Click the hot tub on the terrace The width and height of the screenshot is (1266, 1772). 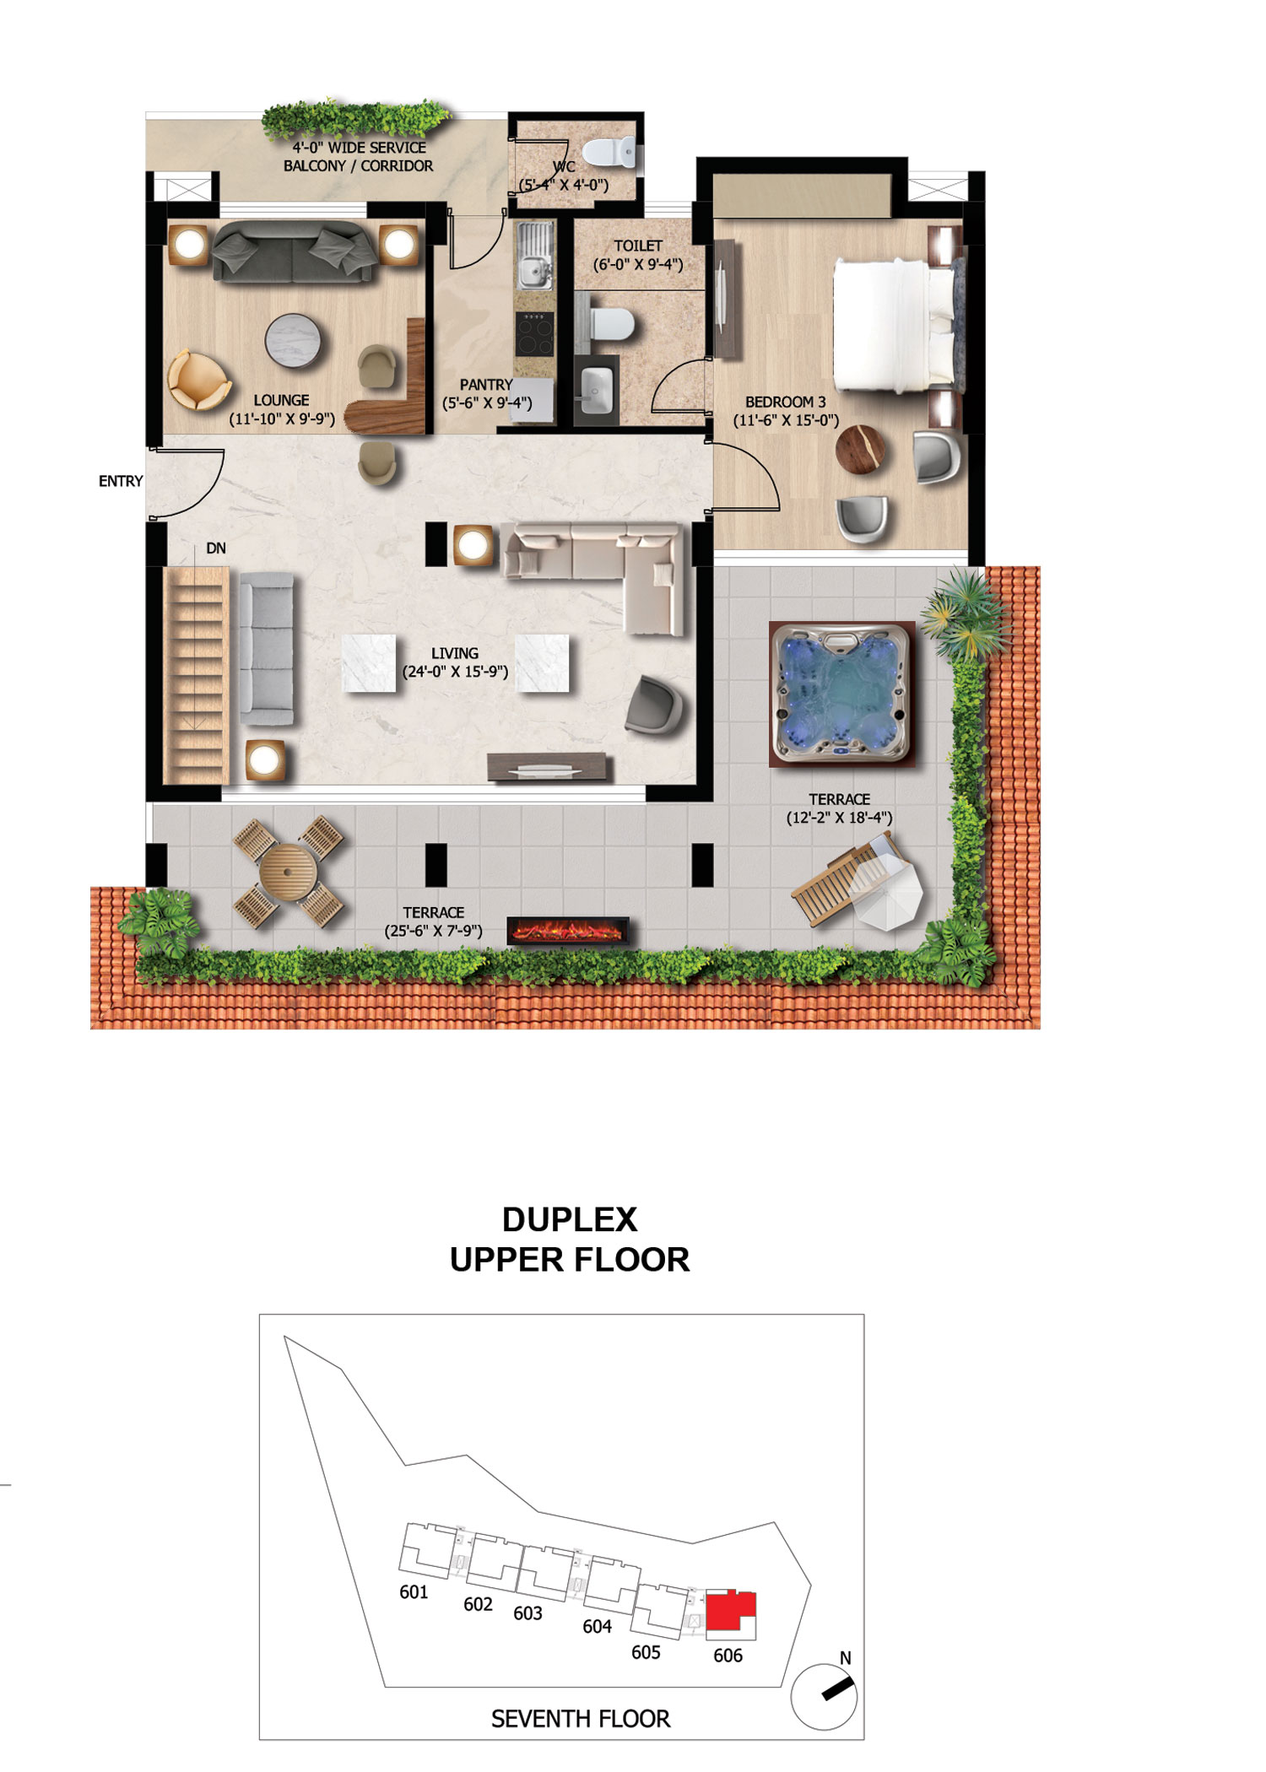click(842, 694)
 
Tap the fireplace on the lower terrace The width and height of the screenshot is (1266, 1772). click(568, 931)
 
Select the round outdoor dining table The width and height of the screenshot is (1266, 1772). click(289, 872)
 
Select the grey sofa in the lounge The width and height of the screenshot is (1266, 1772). click(294, 251)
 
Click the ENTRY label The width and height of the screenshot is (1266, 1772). click(121, 481)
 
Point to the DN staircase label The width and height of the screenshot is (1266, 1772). click(216, 548)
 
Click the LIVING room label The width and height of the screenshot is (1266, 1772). click(455, 653)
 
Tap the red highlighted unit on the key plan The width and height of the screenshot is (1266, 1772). click(730, 1611)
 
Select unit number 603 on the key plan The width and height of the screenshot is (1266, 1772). click(527, 1613)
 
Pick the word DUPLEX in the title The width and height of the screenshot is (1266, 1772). click(570, 1219)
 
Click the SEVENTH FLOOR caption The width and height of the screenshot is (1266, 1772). click(581, 1719)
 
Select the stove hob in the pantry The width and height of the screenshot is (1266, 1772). click(535, 334)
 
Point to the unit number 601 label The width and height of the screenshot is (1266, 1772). click(414, 1592)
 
